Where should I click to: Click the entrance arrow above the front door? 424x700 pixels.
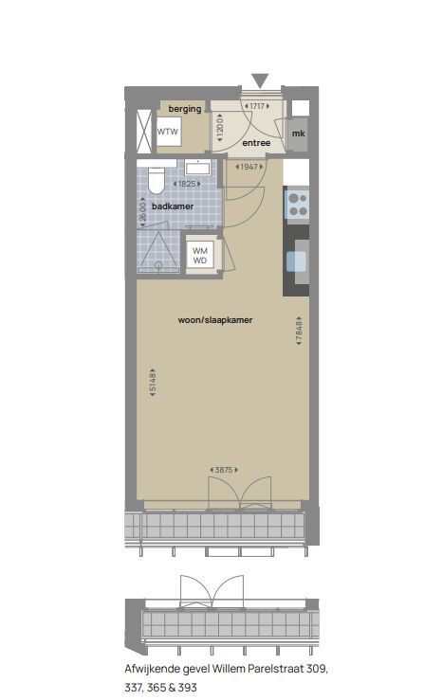260,81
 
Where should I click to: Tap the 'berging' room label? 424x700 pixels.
185,110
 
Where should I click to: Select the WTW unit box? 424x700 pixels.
168,132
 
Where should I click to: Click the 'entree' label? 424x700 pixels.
257,143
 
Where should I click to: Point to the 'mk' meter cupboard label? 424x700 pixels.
298,134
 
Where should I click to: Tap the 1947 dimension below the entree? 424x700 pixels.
249,167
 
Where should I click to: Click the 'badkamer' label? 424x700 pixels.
172,205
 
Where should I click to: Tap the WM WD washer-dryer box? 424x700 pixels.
201,255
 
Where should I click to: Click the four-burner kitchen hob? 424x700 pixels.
298,202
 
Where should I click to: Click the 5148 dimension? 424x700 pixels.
152,385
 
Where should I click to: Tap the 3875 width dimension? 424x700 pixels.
225,470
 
